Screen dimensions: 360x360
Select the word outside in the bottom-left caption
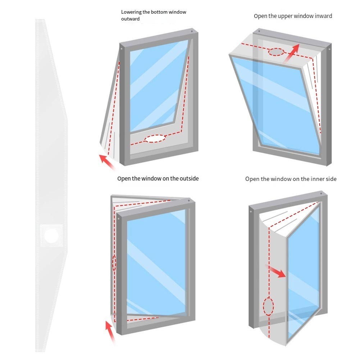[x=189, y=179]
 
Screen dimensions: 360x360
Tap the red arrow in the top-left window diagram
[x=107, y=162]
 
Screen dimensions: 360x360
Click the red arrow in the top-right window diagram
[x=292, y=53]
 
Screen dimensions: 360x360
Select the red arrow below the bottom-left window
[x=110, y=333]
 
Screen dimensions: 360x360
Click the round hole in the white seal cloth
[x=51, y=236]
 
